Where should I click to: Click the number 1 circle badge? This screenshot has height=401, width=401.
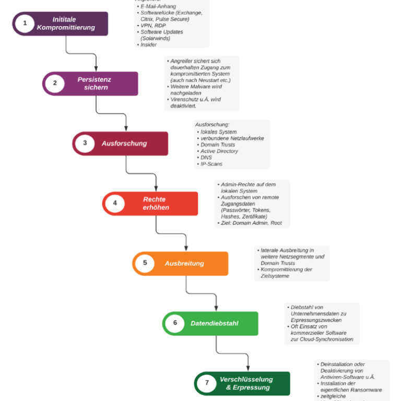[25, 23]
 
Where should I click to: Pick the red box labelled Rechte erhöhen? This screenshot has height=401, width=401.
[155, 204]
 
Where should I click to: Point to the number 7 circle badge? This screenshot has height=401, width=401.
[207, 383]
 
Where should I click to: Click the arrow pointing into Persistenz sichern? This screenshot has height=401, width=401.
[96, 68]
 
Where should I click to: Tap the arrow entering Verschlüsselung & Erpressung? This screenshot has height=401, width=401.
[247, 368]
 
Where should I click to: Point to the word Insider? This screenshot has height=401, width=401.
[148, 45]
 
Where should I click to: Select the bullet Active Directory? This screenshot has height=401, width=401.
[219, 151]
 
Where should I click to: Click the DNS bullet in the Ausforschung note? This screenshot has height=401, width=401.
[206, 158]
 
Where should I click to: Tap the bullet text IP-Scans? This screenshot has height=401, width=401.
[211, 164]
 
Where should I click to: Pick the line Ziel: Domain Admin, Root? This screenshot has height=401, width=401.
[251, 223]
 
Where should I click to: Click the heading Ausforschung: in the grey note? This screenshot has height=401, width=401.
[212, 125]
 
